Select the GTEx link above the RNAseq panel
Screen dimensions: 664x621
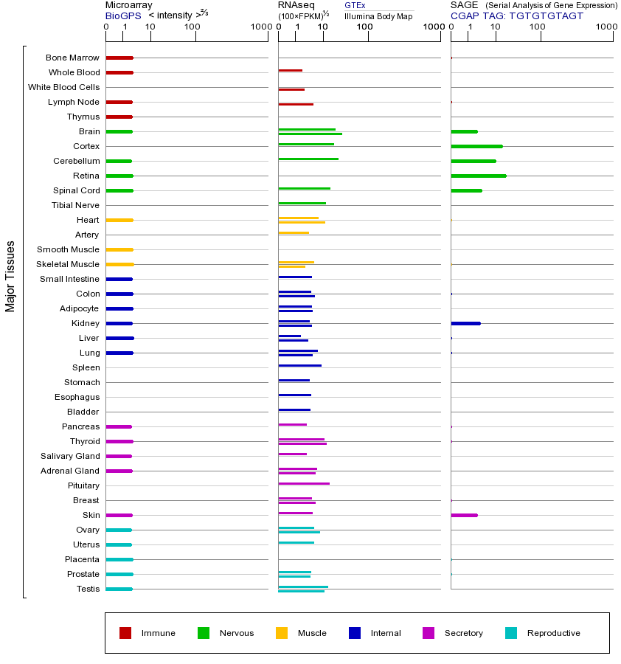pos(355,6)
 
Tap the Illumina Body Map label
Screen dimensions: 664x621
pos(378,16)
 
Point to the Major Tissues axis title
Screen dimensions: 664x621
pos(10,276)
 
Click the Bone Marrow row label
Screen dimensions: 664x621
pos(72,58)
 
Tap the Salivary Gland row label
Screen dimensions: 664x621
pos(69,456)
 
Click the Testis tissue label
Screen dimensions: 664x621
pos(88,589)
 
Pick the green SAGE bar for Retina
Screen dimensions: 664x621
pos(478,176)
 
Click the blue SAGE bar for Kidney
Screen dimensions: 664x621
pos(465,323)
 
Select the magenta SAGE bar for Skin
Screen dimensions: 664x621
pos(464,515)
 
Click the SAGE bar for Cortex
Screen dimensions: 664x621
pos(476,146)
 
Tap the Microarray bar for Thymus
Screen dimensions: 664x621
pos(119,117)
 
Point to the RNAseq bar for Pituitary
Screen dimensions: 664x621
pos(304,483)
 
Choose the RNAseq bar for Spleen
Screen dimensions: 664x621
pos(299,365)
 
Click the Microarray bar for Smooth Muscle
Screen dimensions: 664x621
pos(119,249)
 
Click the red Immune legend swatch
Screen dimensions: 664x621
pos(125,633)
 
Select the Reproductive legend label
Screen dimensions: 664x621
pos(553,633)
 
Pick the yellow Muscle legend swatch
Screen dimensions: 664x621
pos(282,633)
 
